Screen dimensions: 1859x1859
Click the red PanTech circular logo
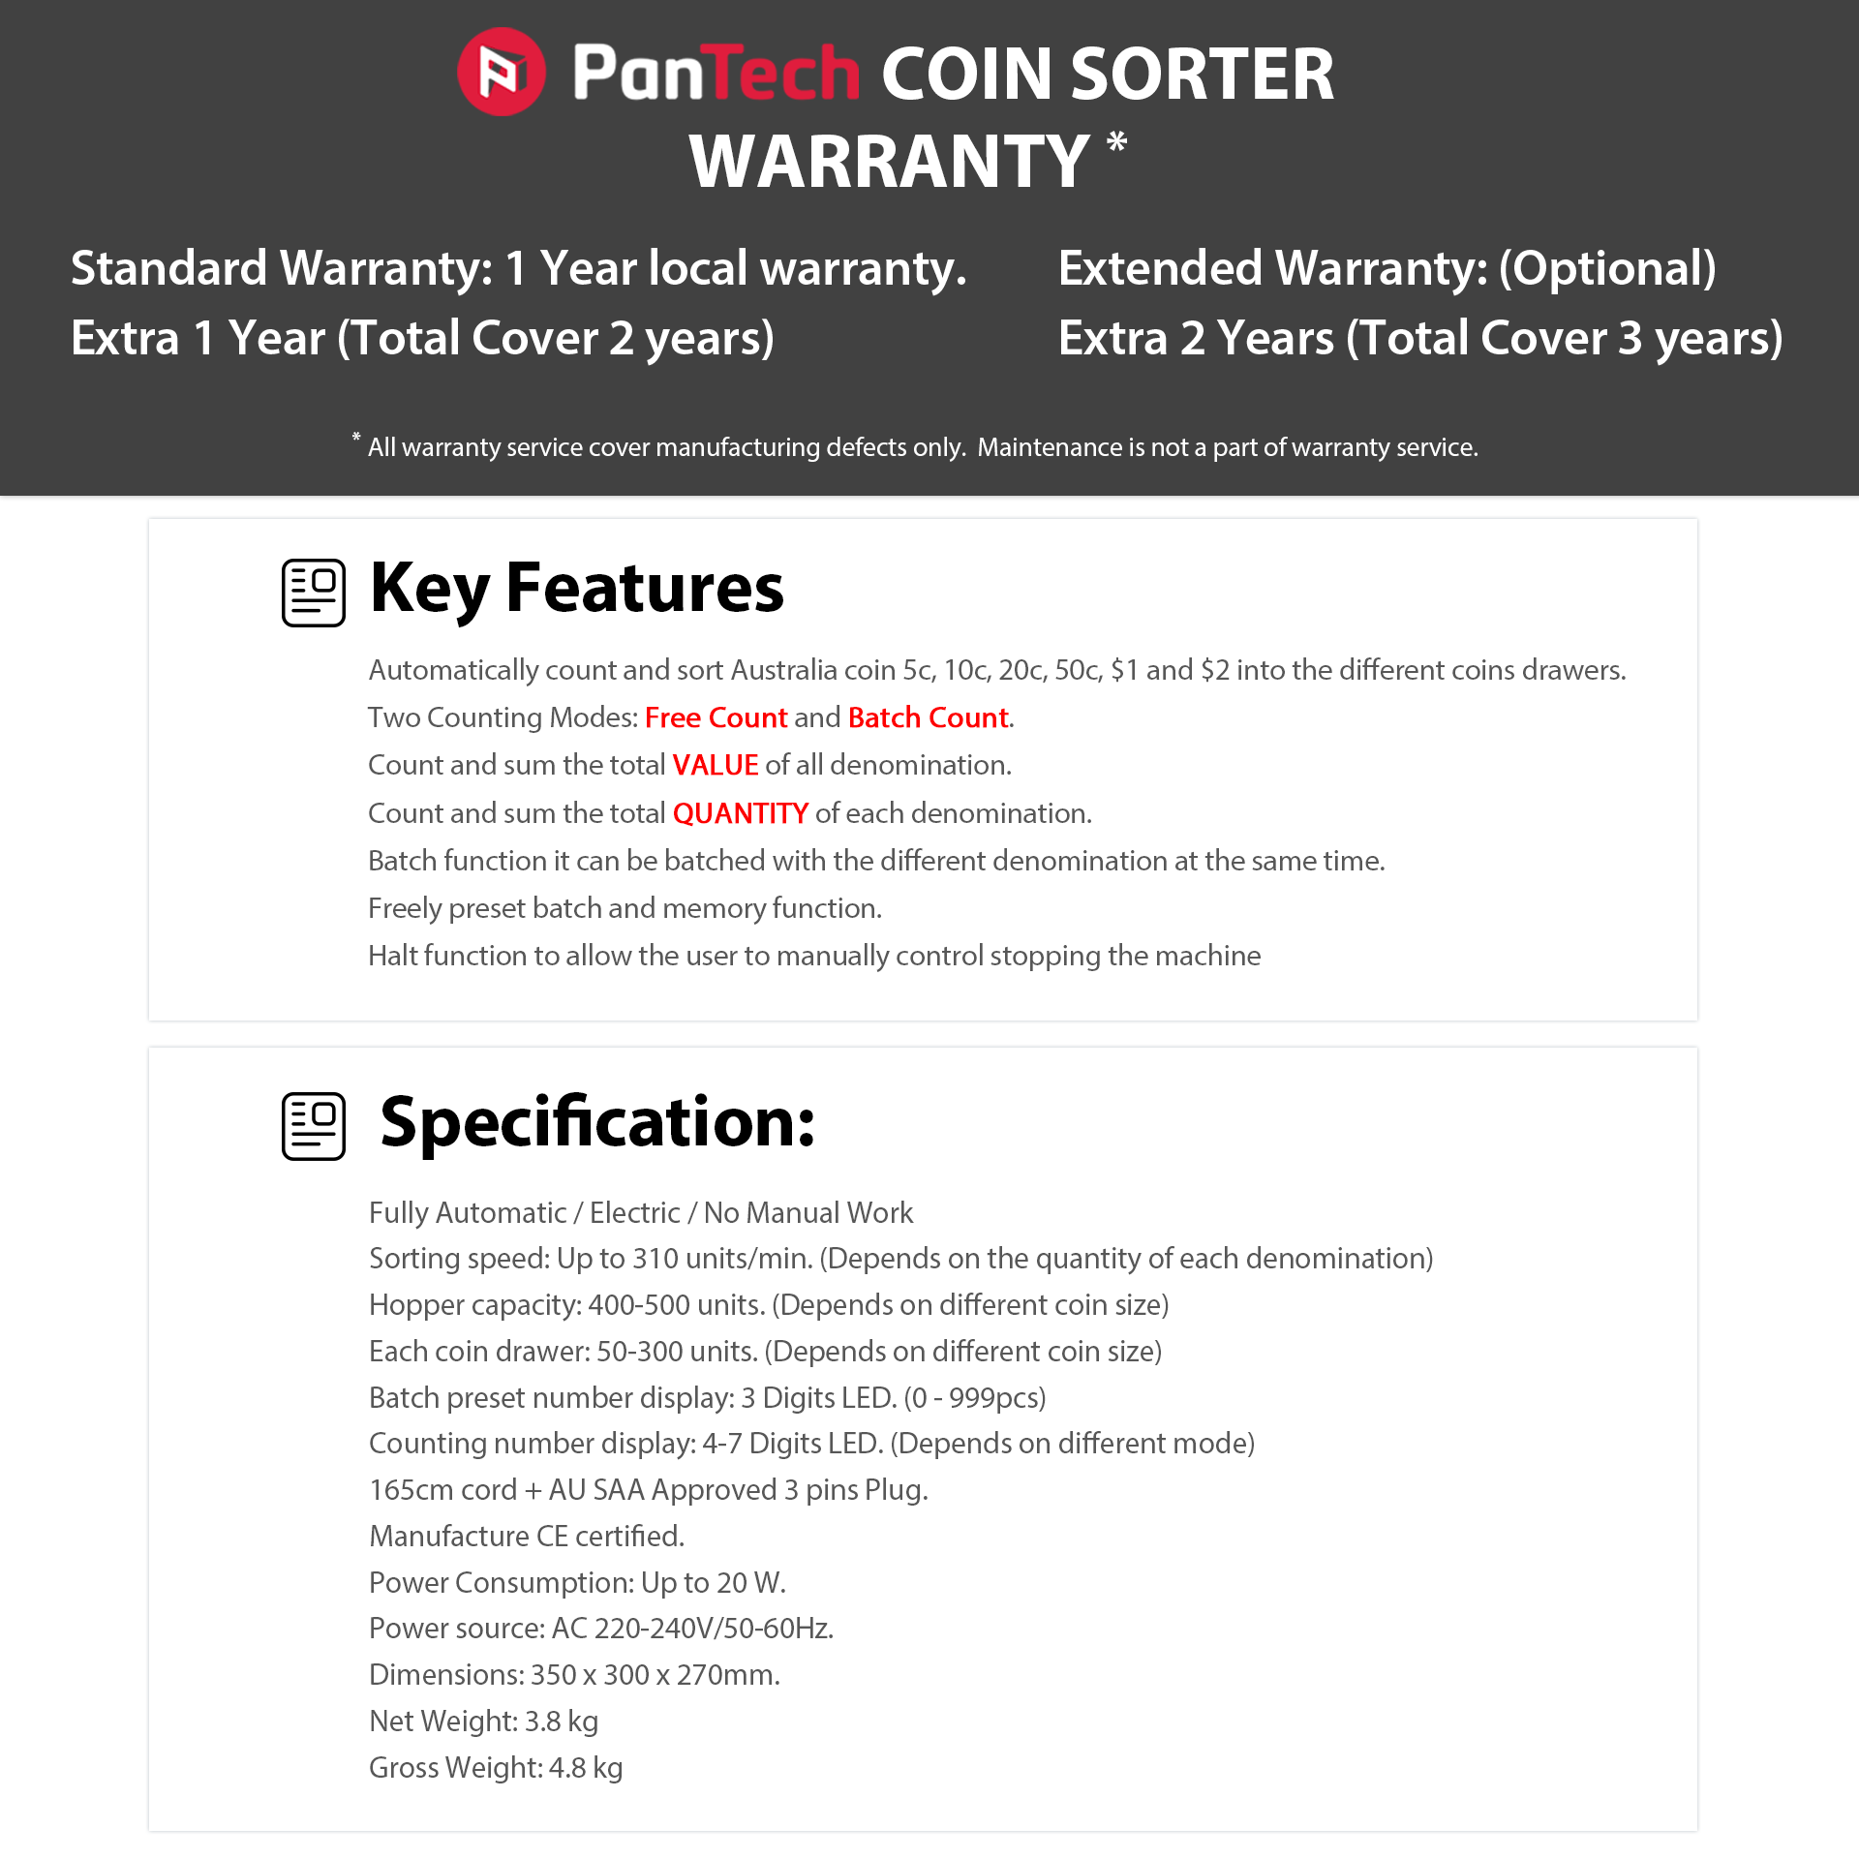[x=501, y=72]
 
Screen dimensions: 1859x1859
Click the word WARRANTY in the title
[x=889, y=162]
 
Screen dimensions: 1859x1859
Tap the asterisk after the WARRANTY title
[x=1116, y=142]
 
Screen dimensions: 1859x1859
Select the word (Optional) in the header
[x=1607, y=268]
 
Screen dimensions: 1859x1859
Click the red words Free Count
[x=716, y=717]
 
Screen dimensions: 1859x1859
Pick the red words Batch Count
[x=928, y=717]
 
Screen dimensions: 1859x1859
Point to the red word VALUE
[x=716, y=765]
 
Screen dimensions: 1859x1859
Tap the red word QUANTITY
[x=740, y=813]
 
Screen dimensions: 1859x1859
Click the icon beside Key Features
[x=314, y=593]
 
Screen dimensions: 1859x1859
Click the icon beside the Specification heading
[x=314, y=1126]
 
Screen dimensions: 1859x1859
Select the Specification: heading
[x=597, y=1123]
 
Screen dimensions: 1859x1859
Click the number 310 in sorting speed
[x=655, y=1259]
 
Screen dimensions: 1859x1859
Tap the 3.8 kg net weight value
[x=562, y=1722]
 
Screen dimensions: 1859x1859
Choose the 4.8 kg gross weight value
[x=586, y=1768]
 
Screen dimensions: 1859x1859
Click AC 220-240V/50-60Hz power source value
[x=692, y=1629]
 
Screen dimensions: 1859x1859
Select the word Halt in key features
[x=392, y=956]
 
